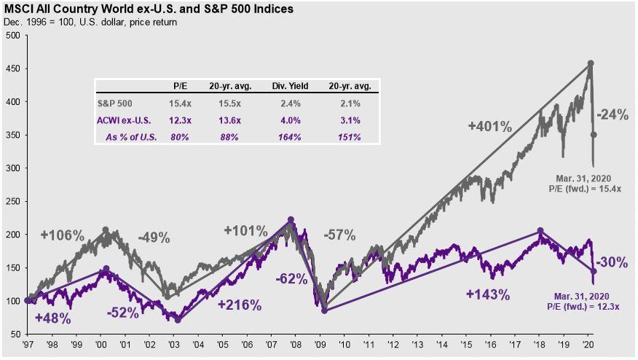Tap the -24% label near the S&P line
(613, 114)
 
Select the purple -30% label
(613, 262)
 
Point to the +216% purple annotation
(240, 305)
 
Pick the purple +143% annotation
(488, 294)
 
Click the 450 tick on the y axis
(13, 69)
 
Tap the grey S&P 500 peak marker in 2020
(590, 63)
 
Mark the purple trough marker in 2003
(178, 319)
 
